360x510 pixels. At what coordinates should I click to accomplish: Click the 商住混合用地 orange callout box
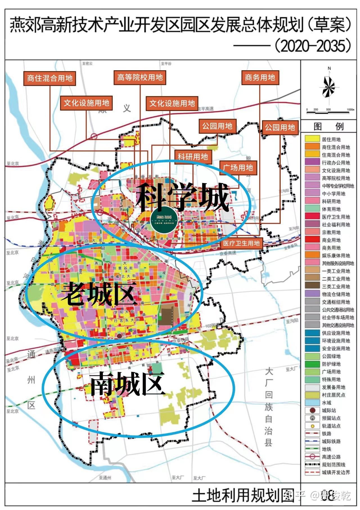click(50, 78)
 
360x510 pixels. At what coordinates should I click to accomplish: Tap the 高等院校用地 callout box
click(140, 77)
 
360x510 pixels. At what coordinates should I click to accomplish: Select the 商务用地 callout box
click(260, 77)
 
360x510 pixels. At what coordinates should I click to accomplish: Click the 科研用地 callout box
click(193, 157)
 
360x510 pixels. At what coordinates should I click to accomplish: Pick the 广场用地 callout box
click(238, 168)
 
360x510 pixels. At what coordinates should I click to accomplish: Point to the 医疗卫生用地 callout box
click(241, 243)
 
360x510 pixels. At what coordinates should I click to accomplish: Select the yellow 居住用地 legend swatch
click(312, 139)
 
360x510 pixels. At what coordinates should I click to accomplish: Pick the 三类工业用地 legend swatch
click(312, 286)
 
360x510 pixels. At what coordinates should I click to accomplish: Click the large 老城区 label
click(99, 294)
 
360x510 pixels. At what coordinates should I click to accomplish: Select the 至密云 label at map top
click(87, 64)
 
